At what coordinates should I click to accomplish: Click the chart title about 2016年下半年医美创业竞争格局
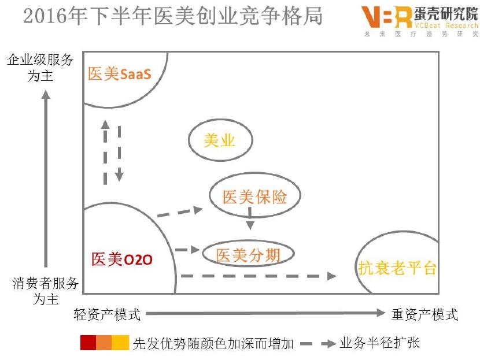(x=173, y=16)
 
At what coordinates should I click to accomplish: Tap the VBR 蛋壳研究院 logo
(x=419, y=21)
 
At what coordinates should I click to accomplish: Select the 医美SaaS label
(x=120, y=74)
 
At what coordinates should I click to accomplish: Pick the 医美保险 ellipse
(x=255, y=197)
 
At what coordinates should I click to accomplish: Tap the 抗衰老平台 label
(x=397, y=267)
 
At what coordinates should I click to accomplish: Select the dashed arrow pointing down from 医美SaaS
(x=119, y=153)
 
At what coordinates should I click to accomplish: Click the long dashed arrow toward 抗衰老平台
(x=258, y=276)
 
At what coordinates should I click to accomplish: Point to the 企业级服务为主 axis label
(x=40, y=67)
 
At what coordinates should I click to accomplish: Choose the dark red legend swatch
(x=88, y=343)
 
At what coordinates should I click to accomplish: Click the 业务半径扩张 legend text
(x=379, y=343)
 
